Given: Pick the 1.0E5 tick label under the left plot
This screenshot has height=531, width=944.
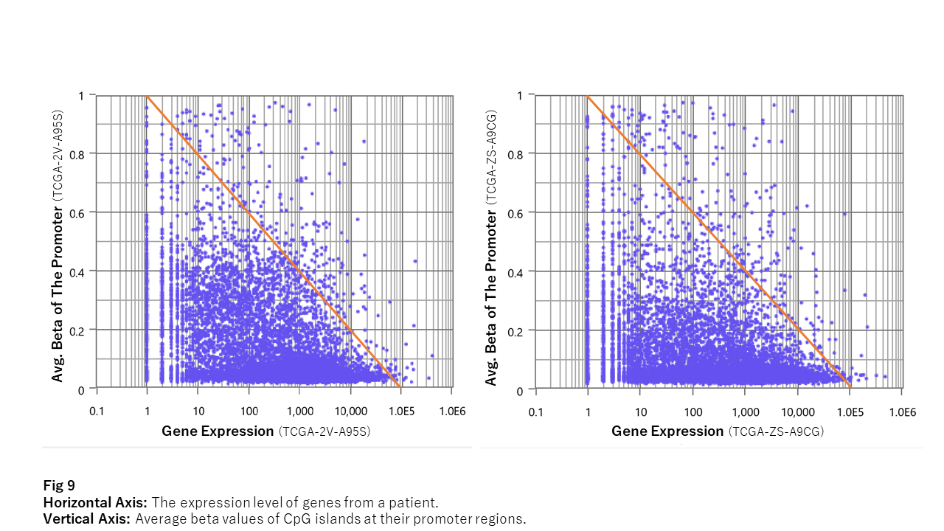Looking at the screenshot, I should coord(401,411).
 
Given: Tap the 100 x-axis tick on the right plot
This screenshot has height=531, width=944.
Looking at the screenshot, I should coord(693,412).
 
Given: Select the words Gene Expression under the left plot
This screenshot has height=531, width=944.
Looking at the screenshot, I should coord(218,431).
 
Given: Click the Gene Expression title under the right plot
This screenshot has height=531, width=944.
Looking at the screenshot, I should coord(667,431).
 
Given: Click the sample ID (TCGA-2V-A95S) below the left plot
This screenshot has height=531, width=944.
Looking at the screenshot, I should coord(324,432).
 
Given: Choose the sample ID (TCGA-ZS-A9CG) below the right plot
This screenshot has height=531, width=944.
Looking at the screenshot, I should coord(776,432).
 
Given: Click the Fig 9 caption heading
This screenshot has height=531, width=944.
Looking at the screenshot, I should coord(59,485).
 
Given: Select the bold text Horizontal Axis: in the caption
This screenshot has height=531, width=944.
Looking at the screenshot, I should coord(95,502).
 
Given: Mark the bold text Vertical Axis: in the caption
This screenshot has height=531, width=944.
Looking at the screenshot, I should coord(87,518).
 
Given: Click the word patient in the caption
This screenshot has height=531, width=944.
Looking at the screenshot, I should coord(416,502).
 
